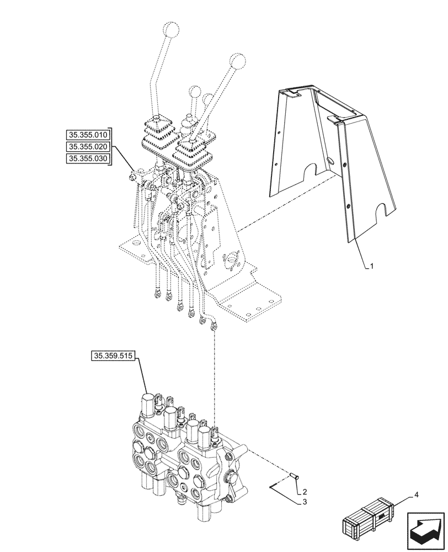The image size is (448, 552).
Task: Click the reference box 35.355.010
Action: pyautogui.click(x=88, y=134)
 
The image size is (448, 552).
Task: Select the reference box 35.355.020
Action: pyautogui.click(x=88, y=147)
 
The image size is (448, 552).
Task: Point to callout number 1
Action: pyautogui.click(x=372, y=266)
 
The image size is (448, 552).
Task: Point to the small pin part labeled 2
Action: pyautogui.click(x=294, y=475)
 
